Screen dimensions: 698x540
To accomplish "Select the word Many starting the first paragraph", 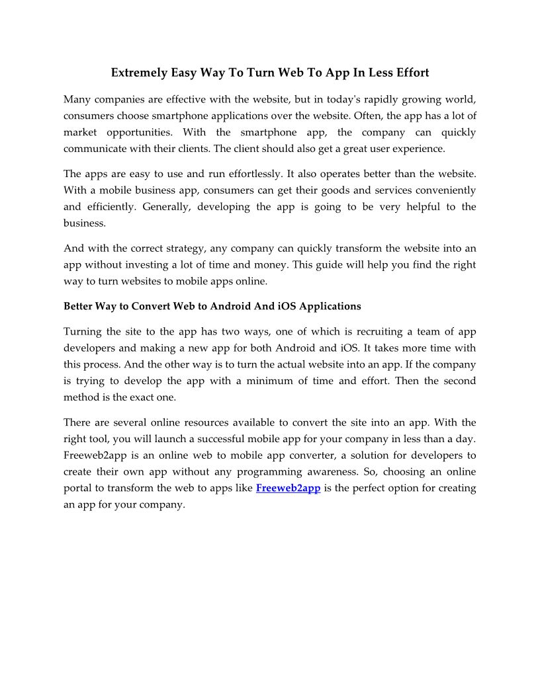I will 77,100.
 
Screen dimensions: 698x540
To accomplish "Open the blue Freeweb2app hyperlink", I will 288,488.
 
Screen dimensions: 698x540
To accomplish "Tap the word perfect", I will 373,488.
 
